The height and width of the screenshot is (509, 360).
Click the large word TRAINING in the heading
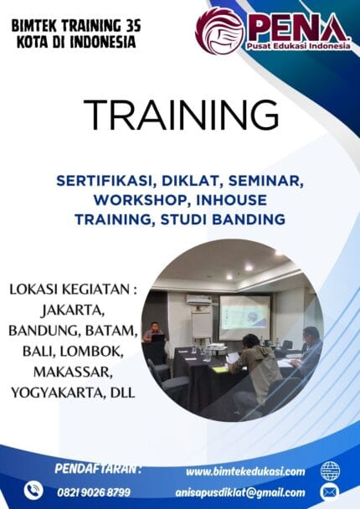[x=181, y=112]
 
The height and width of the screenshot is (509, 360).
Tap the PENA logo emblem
[x=219, y=31]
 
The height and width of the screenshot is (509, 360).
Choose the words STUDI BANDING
[x=230, y=219]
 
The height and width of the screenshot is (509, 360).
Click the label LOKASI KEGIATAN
[x=71, y=290]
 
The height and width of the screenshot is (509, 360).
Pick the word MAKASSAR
[x=54, y=371]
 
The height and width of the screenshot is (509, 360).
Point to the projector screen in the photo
[x=244, y=316]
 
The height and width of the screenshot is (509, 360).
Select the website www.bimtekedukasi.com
[x=245, y=471]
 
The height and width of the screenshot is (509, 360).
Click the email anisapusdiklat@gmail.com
[x=240, y=492]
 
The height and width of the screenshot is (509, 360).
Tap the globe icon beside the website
[x=330, y=470]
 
